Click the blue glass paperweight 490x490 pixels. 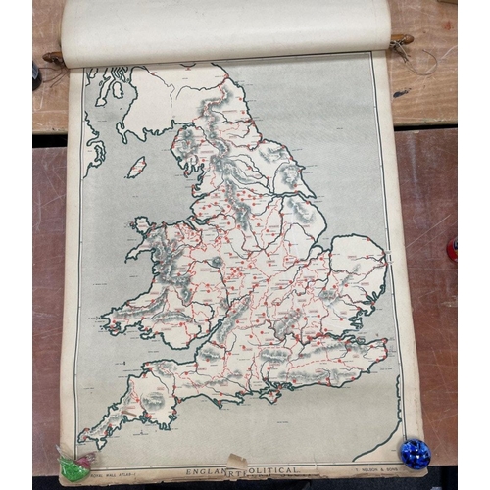tap(416, 454)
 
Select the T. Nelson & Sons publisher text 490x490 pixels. tap(373, 467)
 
